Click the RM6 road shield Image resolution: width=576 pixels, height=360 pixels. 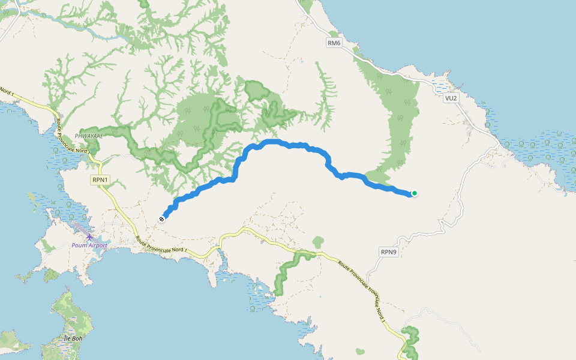point(334,43)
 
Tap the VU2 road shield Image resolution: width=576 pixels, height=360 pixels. point(451,98)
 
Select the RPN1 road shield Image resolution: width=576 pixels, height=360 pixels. point(100,179)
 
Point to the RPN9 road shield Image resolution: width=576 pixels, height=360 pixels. point(389,252)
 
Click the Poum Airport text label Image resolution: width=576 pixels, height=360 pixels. point(89,245)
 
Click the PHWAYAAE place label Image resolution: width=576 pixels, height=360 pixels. point(89,136)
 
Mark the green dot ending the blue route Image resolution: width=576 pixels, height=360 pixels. point(414,193)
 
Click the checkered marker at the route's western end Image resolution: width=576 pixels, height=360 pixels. point(161,219)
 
